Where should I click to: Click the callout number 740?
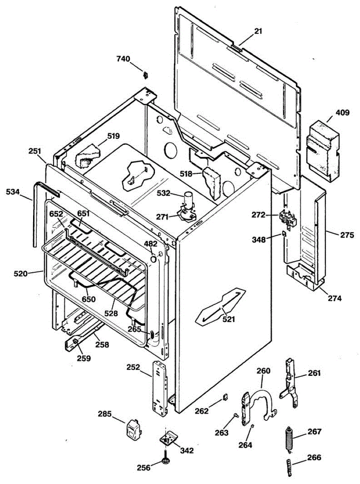tap(123, 59)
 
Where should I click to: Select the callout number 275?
tap(346, 235)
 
